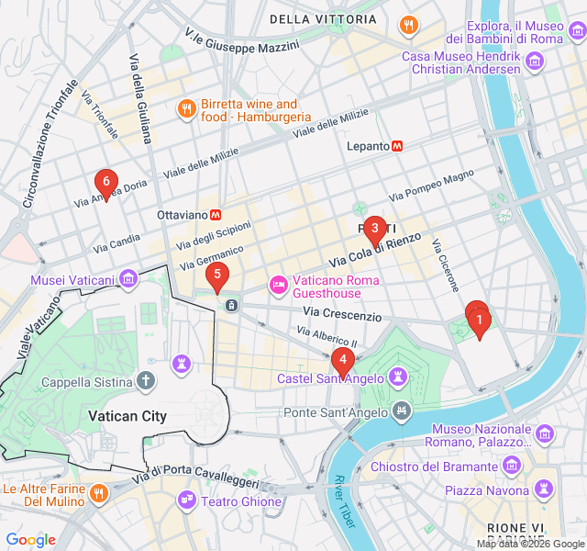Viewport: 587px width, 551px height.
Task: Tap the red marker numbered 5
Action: [x=216, y=274]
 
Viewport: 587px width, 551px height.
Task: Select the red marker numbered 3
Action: [x=374, y=229]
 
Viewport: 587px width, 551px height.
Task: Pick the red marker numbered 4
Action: [x=342, y=361]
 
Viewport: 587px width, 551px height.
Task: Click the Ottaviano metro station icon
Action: [x=216, y=214]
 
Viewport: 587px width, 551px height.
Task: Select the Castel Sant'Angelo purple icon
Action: [x=398, y=377]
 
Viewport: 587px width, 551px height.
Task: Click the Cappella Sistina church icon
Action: [x=146, y=380]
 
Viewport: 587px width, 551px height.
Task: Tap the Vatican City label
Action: [x=127, y=416]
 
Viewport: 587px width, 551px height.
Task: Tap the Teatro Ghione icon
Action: [x=187, y=499]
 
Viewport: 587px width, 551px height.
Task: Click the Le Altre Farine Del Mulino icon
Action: [x=99, y=494]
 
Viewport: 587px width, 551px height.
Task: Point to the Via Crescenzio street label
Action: [x=339, y=316]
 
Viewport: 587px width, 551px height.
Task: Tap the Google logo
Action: [x=31, y=539]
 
